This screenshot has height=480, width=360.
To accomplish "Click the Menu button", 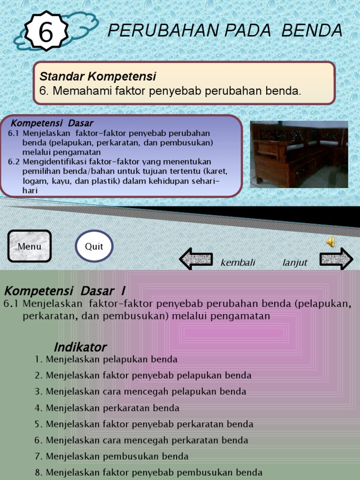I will (30, 246).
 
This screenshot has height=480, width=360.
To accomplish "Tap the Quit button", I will (94, 246).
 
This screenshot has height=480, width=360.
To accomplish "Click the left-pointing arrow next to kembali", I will (196, 259).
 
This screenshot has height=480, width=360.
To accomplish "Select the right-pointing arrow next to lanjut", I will (336, 259).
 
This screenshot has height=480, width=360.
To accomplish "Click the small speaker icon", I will (330, 242).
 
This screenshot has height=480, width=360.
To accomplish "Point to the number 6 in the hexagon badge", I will (45, 33).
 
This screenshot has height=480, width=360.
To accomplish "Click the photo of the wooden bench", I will (299, 154).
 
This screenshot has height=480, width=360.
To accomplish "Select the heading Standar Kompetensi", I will (97, 76).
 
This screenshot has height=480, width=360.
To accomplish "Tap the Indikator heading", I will (80, 347).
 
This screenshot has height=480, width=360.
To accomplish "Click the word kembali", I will (238, 263).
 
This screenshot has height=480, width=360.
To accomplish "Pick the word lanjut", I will (295, 263).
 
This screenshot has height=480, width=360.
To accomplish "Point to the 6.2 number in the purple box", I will (14, 162).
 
